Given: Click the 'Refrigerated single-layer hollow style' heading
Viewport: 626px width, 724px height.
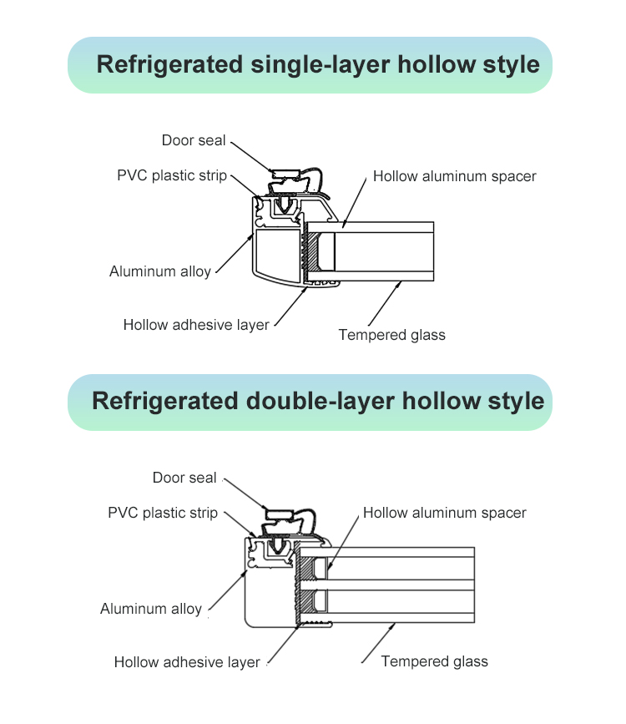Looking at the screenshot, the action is (318, 64).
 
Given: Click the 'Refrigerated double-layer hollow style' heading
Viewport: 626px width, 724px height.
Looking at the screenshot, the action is (318, 401).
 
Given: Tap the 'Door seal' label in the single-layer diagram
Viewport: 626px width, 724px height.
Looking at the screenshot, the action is (194, 140).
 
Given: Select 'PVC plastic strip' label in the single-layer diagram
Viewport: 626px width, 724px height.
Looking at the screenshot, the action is (172, 176).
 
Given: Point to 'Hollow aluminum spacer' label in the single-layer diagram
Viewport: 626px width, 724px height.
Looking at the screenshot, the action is (455, 176).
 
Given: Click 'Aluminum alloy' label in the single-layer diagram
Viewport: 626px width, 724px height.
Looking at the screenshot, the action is (160, 271).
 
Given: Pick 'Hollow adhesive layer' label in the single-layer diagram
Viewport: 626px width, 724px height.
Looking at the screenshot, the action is (196, 325).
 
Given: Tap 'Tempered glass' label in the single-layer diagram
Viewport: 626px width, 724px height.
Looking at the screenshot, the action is (392, 335).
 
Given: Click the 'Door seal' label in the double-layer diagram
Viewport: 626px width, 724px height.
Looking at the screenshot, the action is (184, 478).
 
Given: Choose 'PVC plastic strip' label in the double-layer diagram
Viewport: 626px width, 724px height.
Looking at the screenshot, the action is (163, 513).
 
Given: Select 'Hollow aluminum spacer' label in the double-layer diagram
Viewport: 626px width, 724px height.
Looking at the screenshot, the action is (445, 513).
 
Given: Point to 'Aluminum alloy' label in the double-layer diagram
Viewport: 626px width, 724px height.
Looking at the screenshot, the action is (151, 609).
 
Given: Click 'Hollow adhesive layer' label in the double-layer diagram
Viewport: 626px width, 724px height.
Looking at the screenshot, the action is (187, 662).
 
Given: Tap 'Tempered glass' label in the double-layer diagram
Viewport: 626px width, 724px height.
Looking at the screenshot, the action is (434, 661).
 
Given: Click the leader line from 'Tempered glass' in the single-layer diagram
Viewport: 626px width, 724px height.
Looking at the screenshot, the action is (385, 304).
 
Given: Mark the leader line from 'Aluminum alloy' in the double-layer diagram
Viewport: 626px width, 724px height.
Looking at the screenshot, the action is (228, 591).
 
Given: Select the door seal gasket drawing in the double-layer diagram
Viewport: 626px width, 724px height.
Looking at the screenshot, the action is (290, 521).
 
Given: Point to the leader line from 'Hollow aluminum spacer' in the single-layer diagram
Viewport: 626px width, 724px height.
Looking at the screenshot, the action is (355, 202).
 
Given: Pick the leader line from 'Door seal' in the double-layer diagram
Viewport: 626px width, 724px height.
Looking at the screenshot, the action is (245, 494).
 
